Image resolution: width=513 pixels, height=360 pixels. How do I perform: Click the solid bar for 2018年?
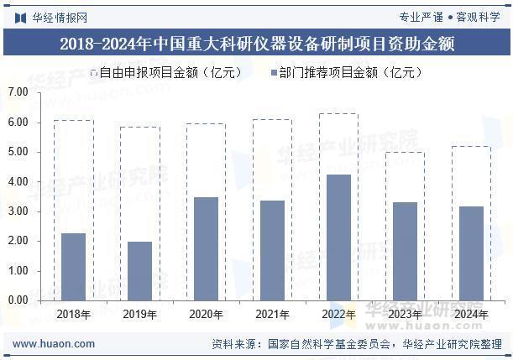pos(73,266)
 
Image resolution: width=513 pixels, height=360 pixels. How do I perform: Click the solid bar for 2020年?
pos(206,248)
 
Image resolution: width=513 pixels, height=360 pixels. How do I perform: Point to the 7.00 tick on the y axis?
pos(18,92)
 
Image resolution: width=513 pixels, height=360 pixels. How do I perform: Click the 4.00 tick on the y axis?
pos(18,181)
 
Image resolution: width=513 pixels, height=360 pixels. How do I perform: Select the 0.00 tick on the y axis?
pos(18,300)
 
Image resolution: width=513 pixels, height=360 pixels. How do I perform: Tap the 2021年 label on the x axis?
pos(272,315)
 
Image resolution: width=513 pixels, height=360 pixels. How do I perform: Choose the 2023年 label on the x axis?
pos(405,315)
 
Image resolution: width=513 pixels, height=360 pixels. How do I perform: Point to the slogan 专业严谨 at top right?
pos(420,17)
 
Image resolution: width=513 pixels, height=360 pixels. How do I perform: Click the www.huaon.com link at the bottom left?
pos(48,343)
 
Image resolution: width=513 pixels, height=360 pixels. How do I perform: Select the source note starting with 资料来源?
pos(356,343)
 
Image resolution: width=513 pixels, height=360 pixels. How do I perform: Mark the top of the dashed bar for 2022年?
pos(338,114)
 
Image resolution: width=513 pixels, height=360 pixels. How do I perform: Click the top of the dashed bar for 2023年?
pos(405,153)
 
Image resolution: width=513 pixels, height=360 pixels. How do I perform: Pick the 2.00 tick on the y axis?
pos(18,241)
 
